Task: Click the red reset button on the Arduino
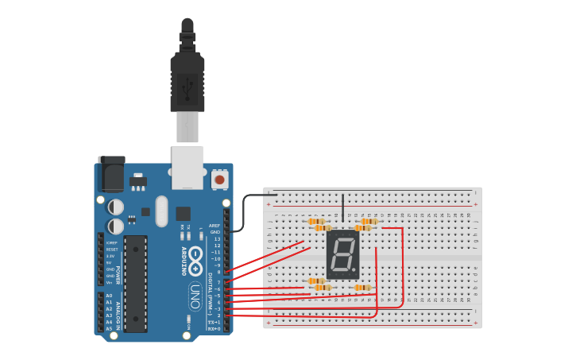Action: click(220, 178)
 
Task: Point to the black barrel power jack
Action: click(110, 173)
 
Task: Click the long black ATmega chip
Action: click(135, 283)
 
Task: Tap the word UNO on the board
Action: click(194, 296)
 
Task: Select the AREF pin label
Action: click(215, 226)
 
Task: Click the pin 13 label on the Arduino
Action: click(216, 238)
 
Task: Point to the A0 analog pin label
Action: click(109, 296)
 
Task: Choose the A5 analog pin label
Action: click(109, 328)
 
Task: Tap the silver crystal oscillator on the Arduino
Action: click(162, 211)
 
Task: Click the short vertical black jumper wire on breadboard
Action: click(343, 207)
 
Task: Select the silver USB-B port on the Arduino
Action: click(187, 167)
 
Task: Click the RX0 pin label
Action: click(214, 328)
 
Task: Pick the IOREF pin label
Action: click(111, 243)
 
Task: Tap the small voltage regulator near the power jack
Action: click(138, 182)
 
